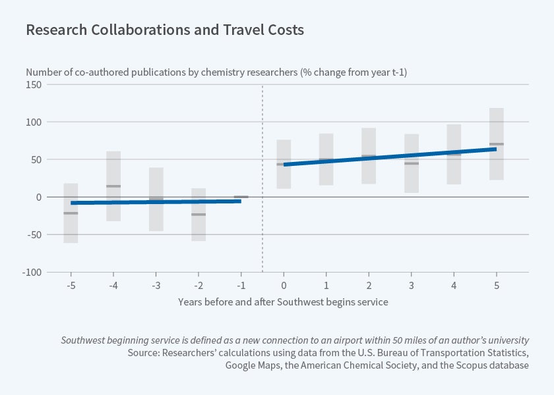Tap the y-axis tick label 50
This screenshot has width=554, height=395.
[37, 160]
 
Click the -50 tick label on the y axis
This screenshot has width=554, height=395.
[34, 234]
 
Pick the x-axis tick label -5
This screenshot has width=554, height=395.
[71, 285]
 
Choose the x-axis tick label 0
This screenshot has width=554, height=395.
[284, 285]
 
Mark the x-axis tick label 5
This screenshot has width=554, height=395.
[497, 285]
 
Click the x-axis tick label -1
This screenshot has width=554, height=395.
[241, 285]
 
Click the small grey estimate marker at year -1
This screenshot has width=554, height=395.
[241, 197]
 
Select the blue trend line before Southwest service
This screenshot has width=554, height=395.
[156, 202]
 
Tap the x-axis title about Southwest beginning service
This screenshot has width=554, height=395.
[283, 302]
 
